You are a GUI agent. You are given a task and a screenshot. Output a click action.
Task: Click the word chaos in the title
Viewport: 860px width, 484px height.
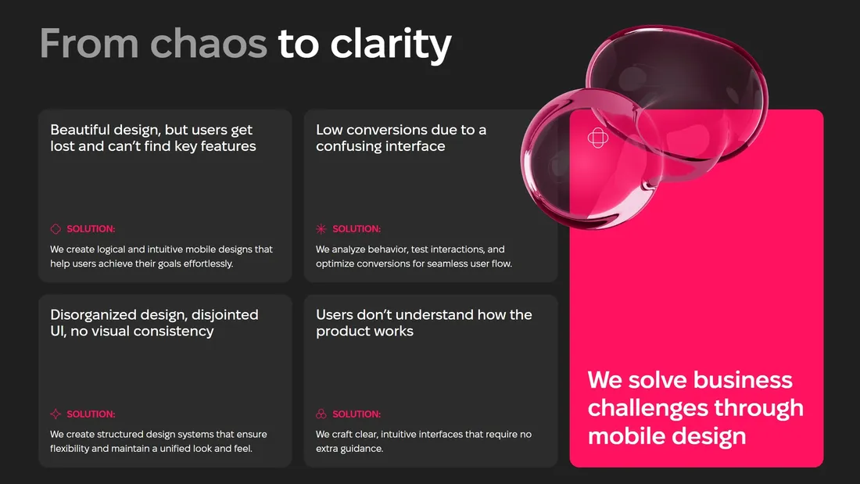[209, 43]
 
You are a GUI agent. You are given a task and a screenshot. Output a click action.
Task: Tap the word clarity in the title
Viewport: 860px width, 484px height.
[390, 46]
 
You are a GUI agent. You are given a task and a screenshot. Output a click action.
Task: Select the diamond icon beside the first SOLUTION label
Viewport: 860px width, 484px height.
[56, 229]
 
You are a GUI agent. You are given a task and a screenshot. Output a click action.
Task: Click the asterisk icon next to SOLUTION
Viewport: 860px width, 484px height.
[321, 229]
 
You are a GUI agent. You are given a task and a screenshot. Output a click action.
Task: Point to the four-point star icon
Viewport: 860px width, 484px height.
[56, 414]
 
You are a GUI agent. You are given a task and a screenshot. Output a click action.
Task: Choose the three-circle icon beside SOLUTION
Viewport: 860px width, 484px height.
[321, 414]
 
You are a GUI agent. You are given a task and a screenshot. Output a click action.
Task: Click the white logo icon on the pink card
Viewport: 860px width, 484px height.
[598, 138]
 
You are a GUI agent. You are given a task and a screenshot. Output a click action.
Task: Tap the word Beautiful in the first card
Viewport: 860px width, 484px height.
[80, 130]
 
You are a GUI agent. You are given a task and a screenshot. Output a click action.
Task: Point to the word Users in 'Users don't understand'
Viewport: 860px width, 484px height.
[334, 314]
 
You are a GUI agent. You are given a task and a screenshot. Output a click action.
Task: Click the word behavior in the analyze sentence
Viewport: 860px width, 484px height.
[387, 249]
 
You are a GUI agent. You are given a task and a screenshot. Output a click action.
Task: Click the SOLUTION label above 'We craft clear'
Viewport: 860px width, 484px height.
[357, 414]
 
